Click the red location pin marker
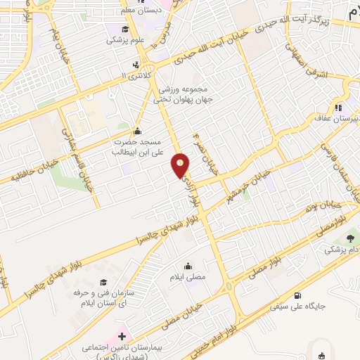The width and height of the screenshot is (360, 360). point(181,166)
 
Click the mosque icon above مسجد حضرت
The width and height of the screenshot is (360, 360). point(136,131)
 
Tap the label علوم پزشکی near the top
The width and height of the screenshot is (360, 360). point(125,41)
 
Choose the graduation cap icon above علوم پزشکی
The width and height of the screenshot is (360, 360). point(125,29)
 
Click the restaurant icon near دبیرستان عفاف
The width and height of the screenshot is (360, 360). point(338,108)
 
